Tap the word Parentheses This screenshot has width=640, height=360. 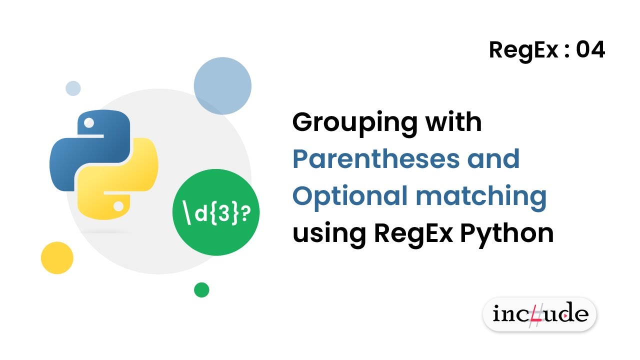coord(374,159)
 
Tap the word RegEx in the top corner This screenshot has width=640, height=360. coord(523,50)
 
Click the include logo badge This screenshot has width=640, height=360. coord(539,314)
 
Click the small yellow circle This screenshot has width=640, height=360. coord(57,258)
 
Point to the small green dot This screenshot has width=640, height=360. coord(201,289)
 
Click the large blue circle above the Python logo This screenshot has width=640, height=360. coord(222,86)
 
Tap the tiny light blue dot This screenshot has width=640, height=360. coord(73,88)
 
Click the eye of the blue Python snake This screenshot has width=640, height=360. coord(89,122)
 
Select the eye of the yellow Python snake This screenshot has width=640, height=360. coord(118,205)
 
